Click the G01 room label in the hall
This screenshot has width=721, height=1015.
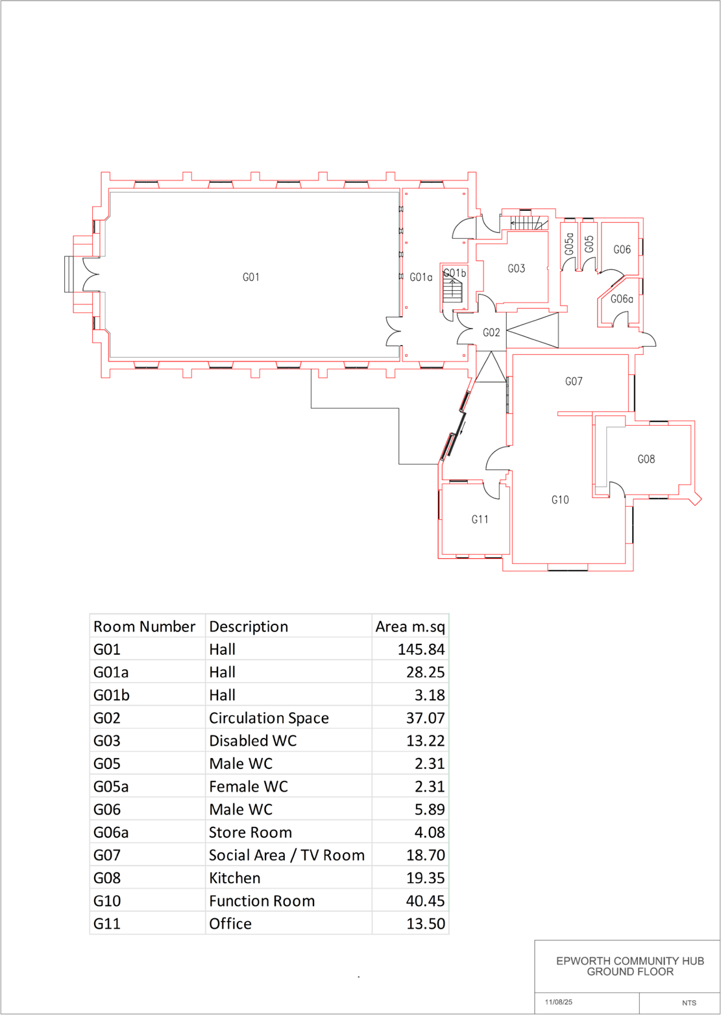[x=251, y=277]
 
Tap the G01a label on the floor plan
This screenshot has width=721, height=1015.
[x=421, y=277]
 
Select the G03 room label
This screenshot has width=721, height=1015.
[x=516, y=268]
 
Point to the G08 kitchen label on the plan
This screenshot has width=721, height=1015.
[x=646, y=459]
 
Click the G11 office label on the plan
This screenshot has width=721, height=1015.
[x=480, y=519]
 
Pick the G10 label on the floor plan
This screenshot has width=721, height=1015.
[x=560, y=500]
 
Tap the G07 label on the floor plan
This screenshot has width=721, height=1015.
[x=574, y=382]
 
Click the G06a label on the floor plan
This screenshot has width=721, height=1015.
[x=622, y=299]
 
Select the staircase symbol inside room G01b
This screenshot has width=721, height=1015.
[x=452, y=291]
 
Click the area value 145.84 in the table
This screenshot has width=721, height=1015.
[x=421, y=649]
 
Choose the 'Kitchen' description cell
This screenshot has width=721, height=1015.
[x=234, y=877]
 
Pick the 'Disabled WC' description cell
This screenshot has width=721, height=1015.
[x=252, y=740]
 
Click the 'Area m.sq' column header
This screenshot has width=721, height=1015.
[x=410, y=626]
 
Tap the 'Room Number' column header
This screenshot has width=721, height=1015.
[x=144, y=626]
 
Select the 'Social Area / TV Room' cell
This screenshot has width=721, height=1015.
[x=286, y=855]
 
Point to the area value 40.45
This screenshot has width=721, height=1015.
[x=425, y=900]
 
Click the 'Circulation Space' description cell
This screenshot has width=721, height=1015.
[x=269, y=718]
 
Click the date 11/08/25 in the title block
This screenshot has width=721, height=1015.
[x=559, y=1002]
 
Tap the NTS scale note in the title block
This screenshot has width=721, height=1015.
[x=689, y=1003]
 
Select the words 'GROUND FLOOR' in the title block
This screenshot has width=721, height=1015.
[x=629, y=972]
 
